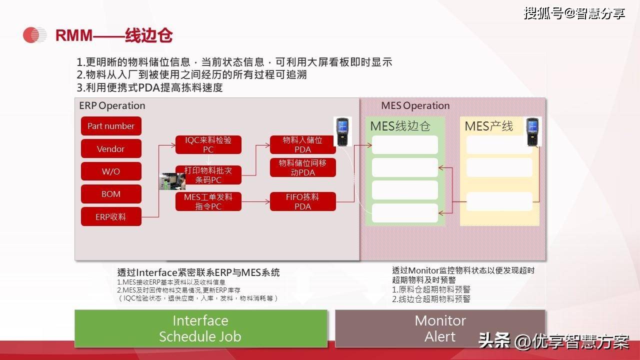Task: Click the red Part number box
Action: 111,126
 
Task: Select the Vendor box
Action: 111,148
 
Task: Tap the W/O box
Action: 111,171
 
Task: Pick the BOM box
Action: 111,194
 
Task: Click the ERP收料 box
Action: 111,216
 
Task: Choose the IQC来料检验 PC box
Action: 208,144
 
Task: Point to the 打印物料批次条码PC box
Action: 208,175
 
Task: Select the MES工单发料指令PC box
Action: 208,201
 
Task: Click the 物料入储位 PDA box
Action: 302,144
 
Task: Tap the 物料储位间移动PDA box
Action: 302,167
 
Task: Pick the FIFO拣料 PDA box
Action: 302,201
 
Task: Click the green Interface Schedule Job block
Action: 200,328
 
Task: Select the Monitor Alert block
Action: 440,328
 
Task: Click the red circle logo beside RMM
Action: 34,35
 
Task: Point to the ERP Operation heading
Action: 112,105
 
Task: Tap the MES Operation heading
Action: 415,105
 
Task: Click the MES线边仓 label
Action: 400,126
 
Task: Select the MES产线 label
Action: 488,126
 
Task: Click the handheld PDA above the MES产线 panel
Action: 533,131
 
